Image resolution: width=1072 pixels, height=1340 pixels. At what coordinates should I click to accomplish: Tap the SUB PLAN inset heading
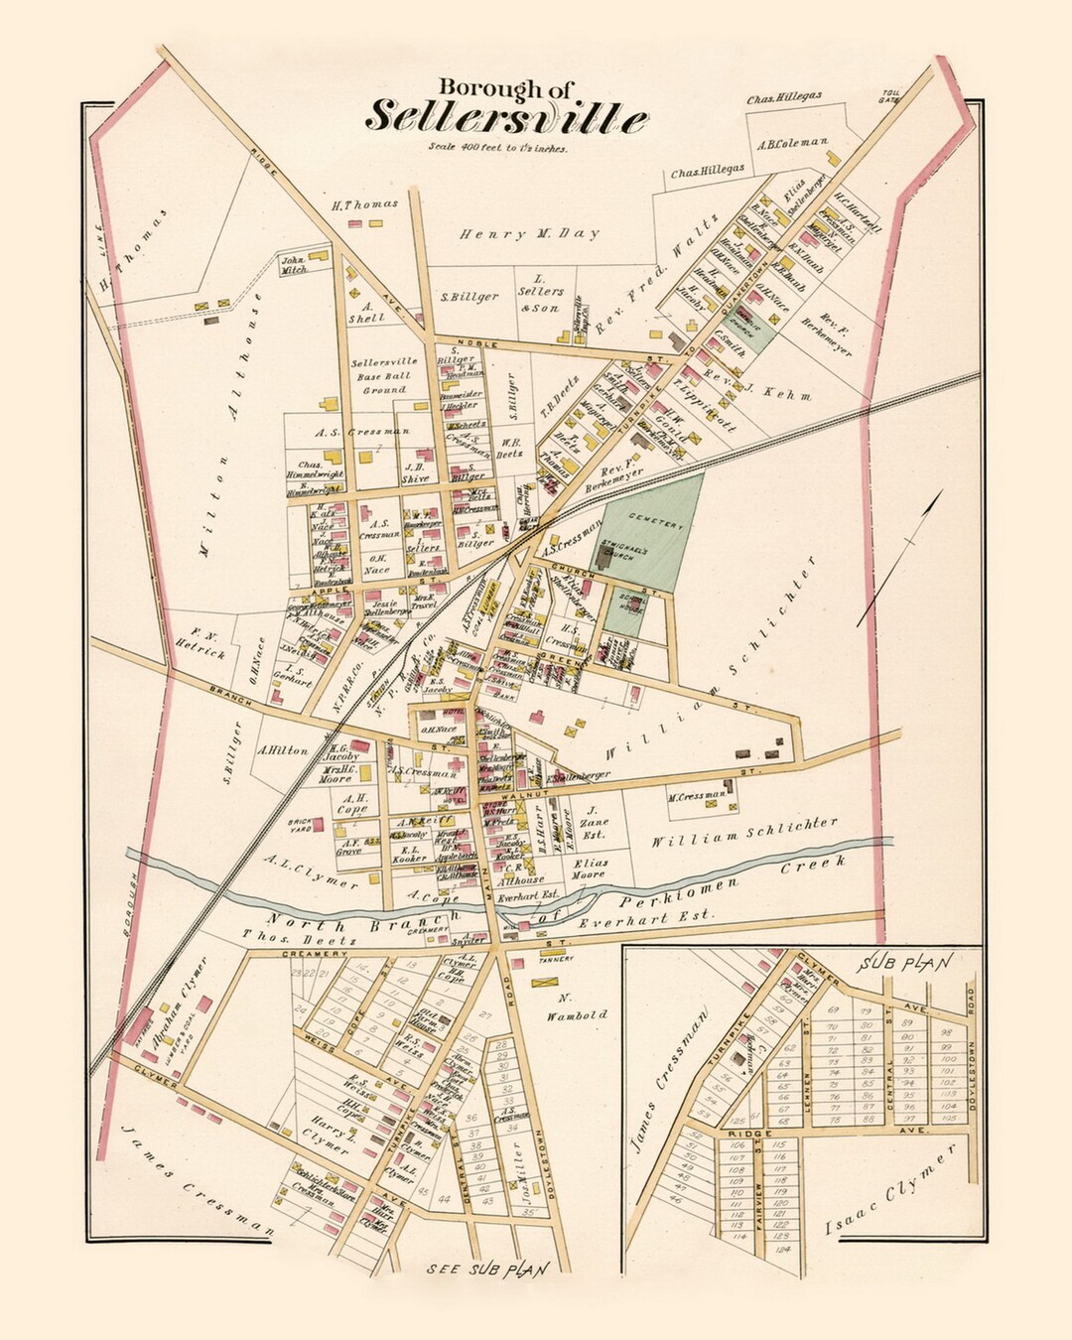907,962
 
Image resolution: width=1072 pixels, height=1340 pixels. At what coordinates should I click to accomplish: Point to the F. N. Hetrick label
210,642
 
